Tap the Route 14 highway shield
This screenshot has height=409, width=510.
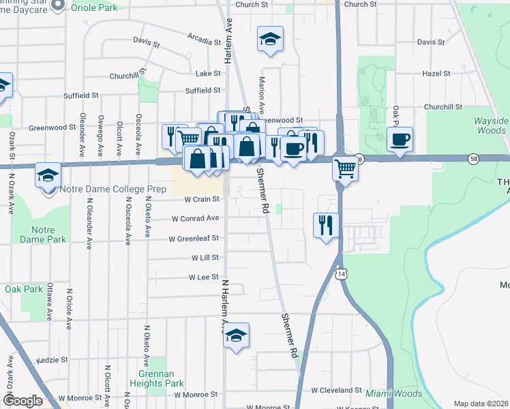tap(340, 273)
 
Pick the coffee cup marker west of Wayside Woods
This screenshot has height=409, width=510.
tap(400, 140)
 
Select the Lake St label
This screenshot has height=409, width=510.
tap(208, 73)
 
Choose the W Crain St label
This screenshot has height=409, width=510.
tap(202, 200)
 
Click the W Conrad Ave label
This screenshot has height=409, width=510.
tap(196, 219)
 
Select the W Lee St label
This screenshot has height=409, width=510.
tap(202, 277)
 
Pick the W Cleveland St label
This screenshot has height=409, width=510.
tap(336, 391)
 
